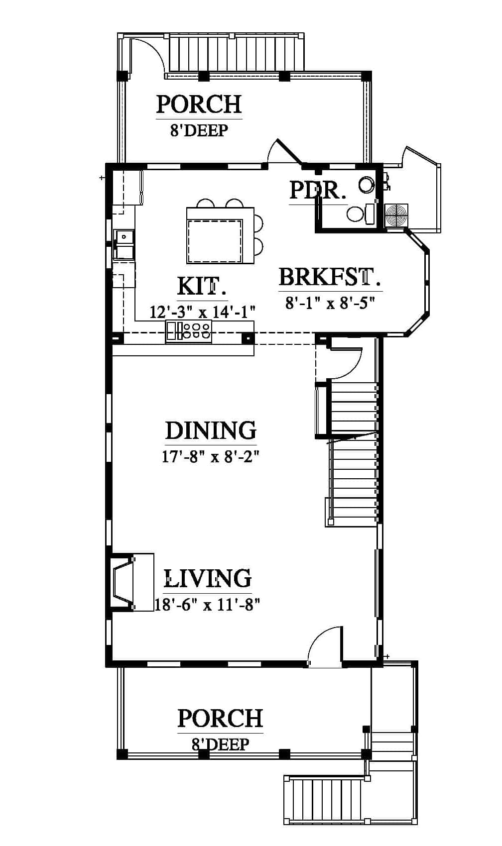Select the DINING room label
pos(211,430)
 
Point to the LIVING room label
pos(208,578)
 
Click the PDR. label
pos(318,190)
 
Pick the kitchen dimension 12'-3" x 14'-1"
pos(203,312)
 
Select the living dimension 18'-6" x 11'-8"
pos(208,605)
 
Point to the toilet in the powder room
pos(360,214)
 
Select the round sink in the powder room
pos(367,185)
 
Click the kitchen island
pos(220,235)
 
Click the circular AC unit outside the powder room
pos(396,215)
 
